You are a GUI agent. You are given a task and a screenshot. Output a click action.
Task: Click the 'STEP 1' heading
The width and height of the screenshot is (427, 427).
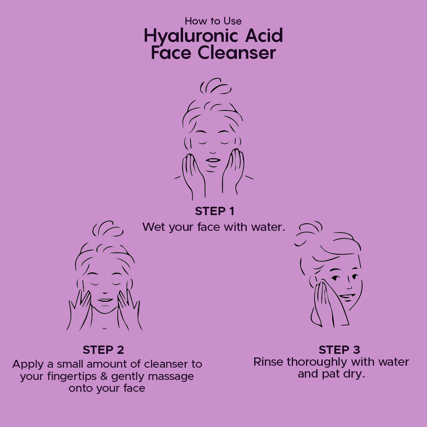[215, 212]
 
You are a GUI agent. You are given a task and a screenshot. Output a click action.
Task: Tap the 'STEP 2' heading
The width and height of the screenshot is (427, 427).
[103, 350]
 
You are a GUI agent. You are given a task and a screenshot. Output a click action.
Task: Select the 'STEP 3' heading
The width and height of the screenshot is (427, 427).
[339, 350]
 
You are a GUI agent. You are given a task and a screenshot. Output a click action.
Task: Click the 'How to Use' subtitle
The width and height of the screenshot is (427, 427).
[213, 21]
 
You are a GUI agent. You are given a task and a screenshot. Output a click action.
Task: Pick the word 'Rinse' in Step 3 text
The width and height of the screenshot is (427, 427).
[268, 362]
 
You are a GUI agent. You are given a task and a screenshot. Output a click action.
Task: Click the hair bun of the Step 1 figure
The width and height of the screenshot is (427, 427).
[216, 87]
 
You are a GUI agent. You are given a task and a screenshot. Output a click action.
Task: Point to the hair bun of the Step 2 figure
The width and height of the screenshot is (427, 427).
[108, 229]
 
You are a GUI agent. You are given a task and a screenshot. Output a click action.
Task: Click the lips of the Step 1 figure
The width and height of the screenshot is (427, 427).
[213, 160]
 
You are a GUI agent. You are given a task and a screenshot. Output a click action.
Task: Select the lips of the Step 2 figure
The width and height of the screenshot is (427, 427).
[105, 300]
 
